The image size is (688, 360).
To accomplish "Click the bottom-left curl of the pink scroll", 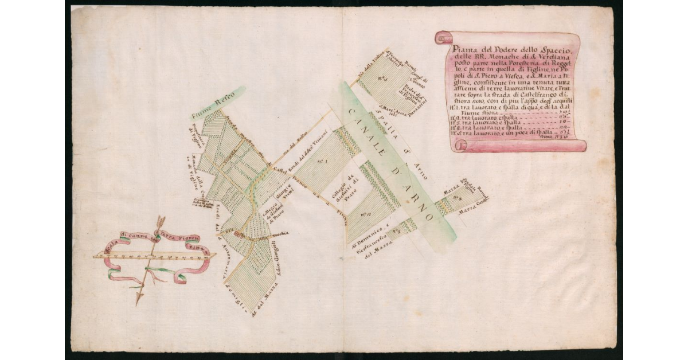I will coord(459,146).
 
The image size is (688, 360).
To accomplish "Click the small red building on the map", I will coord(236,234).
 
